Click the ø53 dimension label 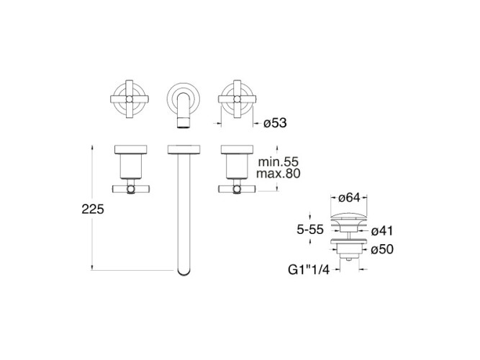[275, 123]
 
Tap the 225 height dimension [93, 210]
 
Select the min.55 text [278, 162]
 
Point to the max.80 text [279, 174]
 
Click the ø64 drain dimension [349, 198]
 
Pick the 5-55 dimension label [310, 229]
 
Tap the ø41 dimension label [381, 231]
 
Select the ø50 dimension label [382, 249]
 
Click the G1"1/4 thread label [309, 270]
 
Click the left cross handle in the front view [130, 99]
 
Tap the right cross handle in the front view [237, 99]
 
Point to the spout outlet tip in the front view [184, 124]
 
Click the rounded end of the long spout [184, 271]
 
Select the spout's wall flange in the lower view [184, 149]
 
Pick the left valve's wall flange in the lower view [131, 149]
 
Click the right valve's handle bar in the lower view [237, 189]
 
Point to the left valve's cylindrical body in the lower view [131, 166]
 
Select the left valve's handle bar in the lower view [131, 189]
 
